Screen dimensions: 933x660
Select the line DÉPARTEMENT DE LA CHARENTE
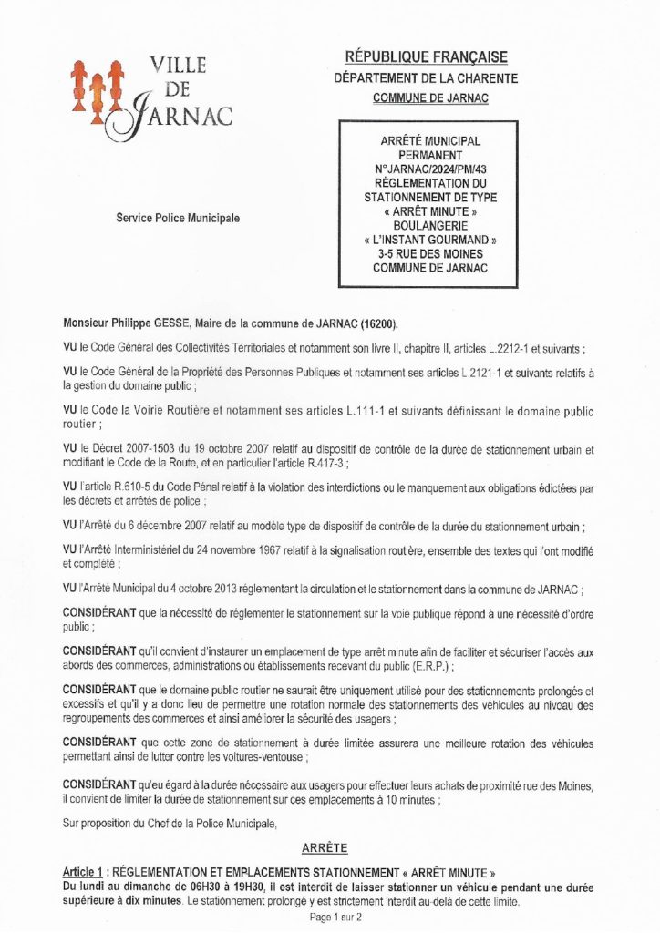pyautogui.click(x=427, y=78)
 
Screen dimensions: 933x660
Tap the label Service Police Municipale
pyautogui.click(x=178, y=219)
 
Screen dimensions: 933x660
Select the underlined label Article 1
pyautogui.click(x=85, y=870)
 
